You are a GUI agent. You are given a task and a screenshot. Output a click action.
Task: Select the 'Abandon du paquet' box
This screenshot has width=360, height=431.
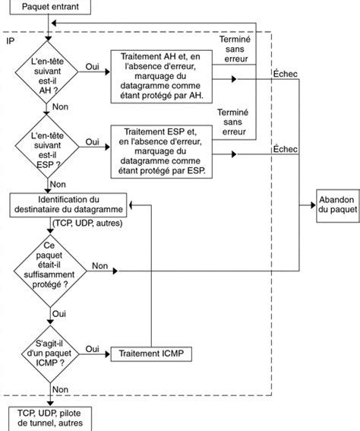tap(335, 204)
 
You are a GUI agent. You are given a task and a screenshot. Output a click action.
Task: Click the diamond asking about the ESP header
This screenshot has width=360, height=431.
tap(49, 147)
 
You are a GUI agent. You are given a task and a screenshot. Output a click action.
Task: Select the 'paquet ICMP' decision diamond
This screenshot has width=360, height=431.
tap(49, 353)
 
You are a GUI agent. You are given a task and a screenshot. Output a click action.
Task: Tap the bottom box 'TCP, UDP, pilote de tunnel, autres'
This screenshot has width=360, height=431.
tap(49, 417)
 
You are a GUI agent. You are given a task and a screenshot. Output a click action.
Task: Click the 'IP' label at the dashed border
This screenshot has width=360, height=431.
tap(10, 39)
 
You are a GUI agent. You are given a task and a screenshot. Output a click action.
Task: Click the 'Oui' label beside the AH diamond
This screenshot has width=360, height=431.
tap(93, 66)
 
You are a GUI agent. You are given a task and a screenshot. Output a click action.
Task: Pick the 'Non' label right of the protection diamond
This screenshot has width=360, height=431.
tap(99, 265)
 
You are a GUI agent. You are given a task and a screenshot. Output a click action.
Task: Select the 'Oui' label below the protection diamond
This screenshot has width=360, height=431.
tap(59, 312)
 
